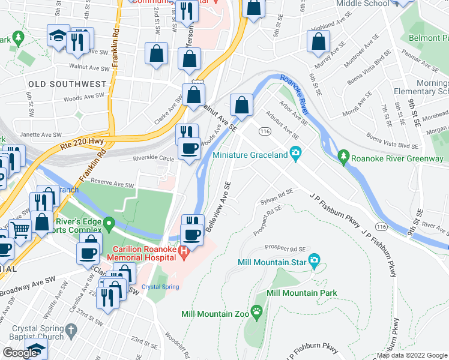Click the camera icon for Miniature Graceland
coord(295,154)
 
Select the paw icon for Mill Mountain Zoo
coord(258,311)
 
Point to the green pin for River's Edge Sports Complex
coord(109,226)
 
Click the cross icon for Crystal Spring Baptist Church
coord(71,330)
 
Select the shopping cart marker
coord(20,229)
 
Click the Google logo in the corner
coord(20,353)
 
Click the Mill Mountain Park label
coord(302,293)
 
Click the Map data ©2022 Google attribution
coord(412,355)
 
